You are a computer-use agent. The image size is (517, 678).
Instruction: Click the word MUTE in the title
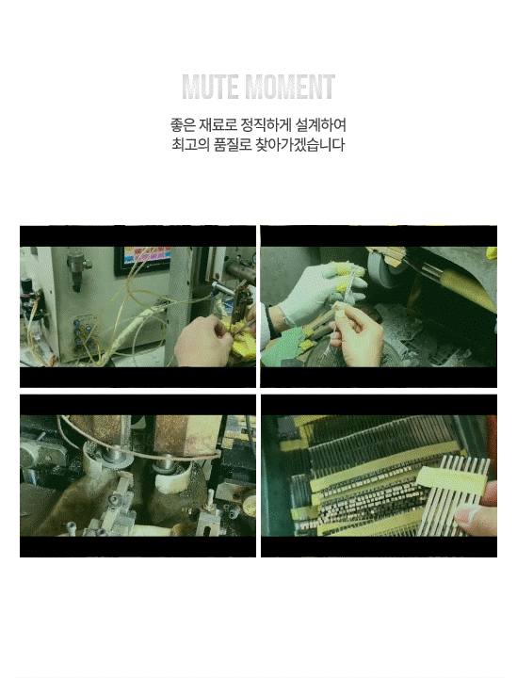click(x=210, y=87)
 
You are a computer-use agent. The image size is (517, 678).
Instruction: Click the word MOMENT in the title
click(x=290, y=87)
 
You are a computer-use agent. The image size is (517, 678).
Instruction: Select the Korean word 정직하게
click(x=266, y=125)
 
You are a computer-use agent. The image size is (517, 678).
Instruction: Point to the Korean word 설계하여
click(x=321, y=125)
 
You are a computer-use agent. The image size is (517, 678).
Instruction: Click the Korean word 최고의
click(x=190, y=144)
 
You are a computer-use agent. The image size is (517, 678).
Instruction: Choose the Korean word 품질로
click(x=233, y=144)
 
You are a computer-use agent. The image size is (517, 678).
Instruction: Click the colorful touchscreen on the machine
click(x=143, y=260)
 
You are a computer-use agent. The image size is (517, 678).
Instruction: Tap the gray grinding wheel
click(x=385, y=268)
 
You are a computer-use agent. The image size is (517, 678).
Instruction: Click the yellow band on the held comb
click(x=448, y=481)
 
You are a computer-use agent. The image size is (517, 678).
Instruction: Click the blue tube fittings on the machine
click(x=83, y=333)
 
